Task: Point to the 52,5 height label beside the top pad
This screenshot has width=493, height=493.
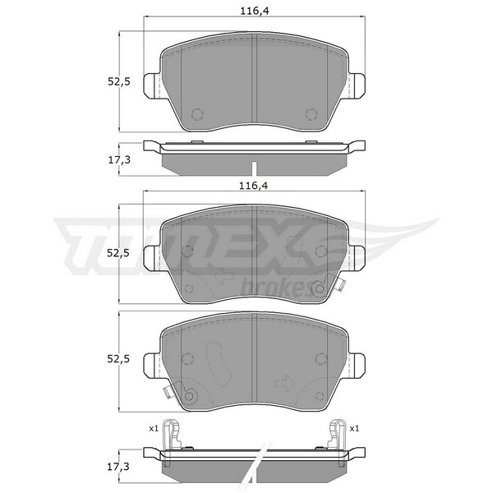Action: (119, 81)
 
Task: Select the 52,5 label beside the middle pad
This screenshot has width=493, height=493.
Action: (118, 253)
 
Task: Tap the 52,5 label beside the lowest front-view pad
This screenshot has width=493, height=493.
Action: (118, 359)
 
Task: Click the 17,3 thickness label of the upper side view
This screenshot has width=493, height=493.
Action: (119, 160)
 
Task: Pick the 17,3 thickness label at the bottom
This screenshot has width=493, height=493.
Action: (118, 468)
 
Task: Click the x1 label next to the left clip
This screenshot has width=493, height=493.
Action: (154, 429)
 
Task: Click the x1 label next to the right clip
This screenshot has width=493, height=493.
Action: (354, 429)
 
